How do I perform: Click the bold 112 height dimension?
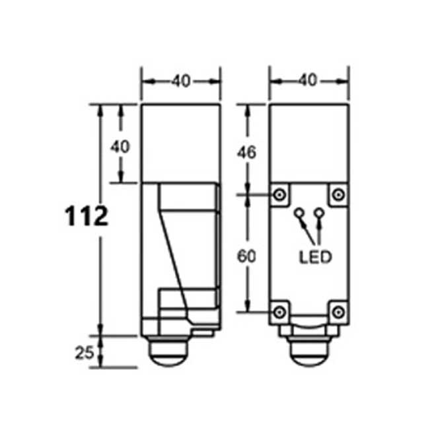tap(87, 216)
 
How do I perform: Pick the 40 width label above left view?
tap(181, 81)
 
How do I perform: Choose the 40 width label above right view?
tap(307, 81)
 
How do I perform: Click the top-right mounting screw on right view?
tap(338, 194)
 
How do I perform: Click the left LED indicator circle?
tap(299, 213)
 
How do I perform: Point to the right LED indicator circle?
tap(320, 213)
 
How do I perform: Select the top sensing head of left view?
tap(181, 143)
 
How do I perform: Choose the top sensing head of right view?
tap(309, 143)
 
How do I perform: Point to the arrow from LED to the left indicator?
tap(305, 231)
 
